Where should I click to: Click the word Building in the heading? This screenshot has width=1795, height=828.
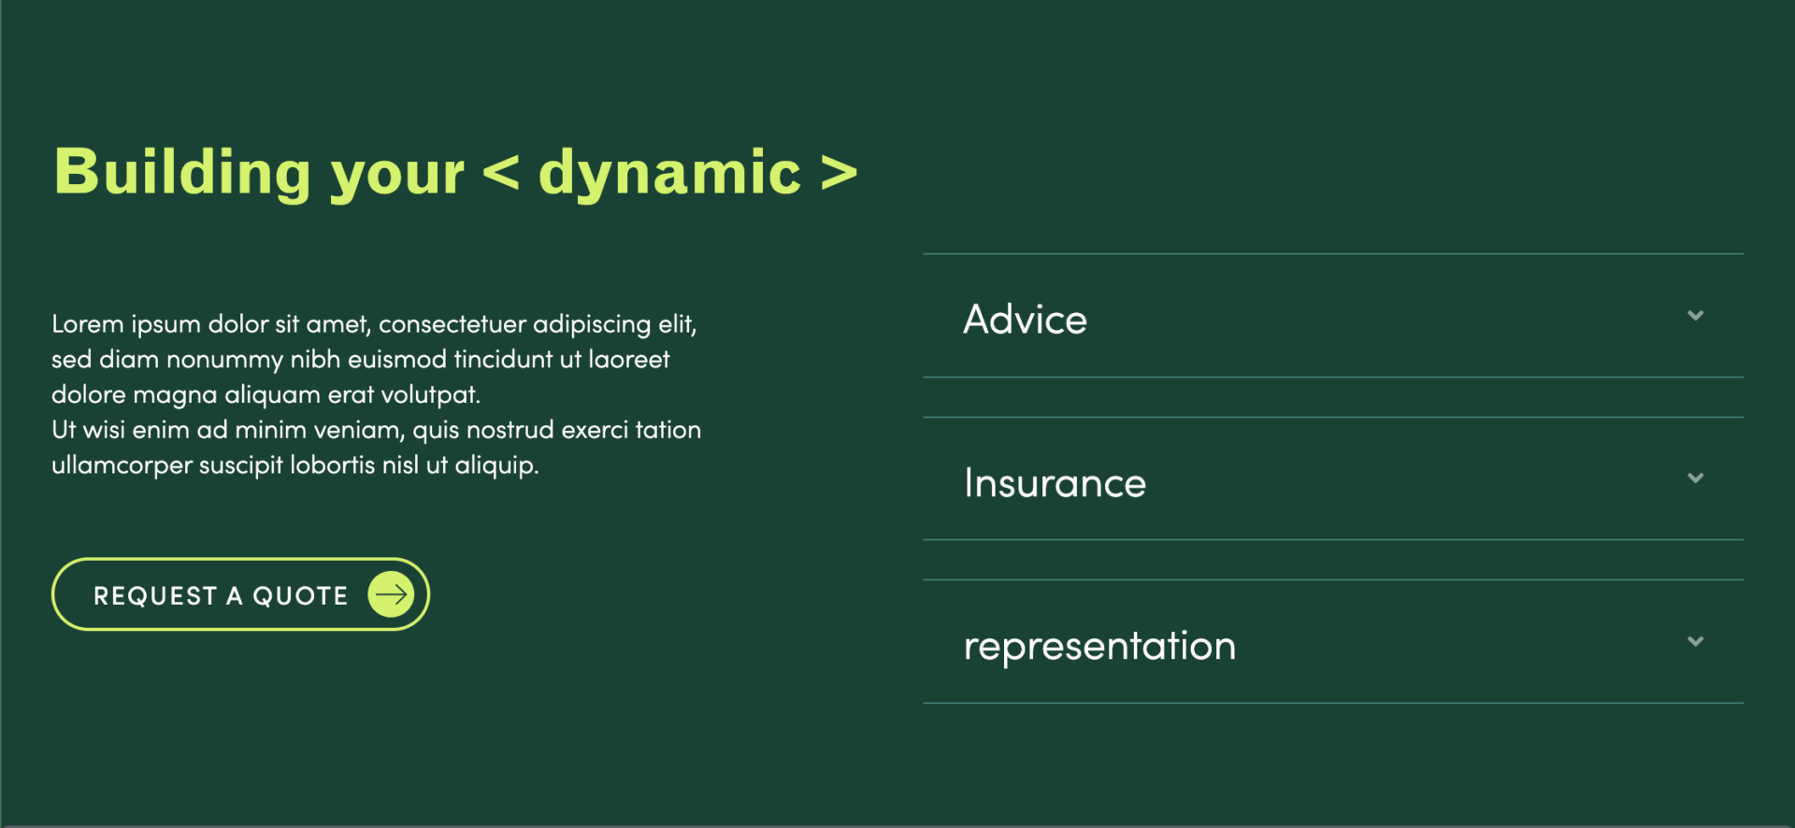[182, 172]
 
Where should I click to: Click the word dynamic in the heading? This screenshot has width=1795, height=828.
[669, 172]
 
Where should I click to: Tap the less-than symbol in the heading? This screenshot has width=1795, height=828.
[501, 173]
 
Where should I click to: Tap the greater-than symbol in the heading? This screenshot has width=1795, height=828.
[840, 173]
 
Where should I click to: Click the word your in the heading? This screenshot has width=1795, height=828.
[397, 178]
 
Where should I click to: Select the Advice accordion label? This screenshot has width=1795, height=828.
[1026, 320]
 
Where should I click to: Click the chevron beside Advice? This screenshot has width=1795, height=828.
[1695, 316]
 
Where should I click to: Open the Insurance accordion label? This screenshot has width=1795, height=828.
[1055, 483]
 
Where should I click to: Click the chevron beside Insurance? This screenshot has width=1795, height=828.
[1695, 478]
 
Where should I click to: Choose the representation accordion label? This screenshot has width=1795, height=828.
[1099, 647]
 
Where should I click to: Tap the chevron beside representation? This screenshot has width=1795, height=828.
[1695, 641]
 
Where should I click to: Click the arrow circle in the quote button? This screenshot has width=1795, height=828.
[391, 594]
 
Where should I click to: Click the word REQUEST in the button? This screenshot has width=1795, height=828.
[155, 595]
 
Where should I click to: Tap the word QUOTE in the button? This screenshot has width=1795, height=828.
[300, 596]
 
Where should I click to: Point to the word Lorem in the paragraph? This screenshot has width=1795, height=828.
[88, 324]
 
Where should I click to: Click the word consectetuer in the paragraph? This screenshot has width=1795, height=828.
[452, 324]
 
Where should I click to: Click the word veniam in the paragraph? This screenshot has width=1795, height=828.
[359, 431]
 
